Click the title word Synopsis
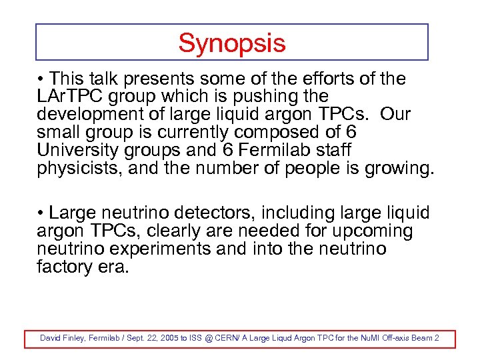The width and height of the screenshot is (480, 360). click(x=231, y=43)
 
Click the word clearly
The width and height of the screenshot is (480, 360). click(x=186, y=231)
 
